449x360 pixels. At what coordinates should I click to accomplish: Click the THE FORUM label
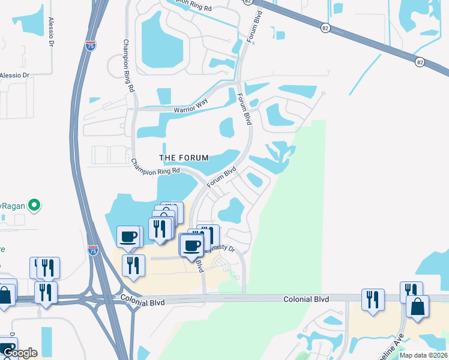point(184,158)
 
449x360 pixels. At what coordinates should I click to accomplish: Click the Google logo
point(19,353)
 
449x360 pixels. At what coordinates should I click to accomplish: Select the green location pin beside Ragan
point(35,205)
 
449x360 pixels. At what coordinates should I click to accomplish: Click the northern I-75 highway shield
point(89,46)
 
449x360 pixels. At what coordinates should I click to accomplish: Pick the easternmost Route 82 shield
point(420,61)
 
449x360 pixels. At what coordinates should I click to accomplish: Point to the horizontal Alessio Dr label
point(14,76)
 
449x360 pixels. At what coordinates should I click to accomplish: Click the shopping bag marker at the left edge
point(5,296)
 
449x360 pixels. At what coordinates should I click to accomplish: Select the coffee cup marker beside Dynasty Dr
point(192,245)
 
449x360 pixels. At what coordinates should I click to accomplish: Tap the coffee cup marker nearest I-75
point(128,236)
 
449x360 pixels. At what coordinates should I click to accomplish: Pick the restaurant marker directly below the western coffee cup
point(133,266)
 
